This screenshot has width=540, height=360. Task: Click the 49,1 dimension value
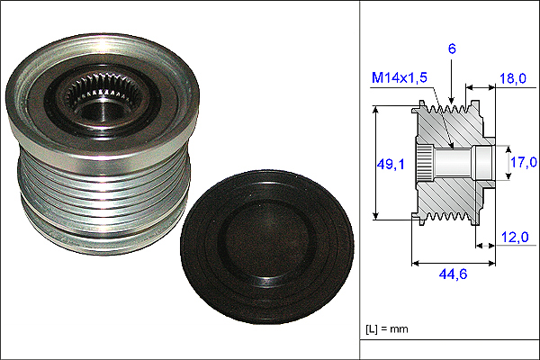391,165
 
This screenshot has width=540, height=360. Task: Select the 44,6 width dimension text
453,274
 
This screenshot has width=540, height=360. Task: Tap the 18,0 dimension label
513,78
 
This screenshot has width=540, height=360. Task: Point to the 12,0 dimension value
515,237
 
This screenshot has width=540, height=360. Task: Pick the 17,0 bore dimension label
524,162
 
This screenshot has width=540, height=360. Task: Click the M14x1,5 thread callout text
400,78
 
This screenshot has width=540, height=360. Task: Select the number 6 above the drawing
452,49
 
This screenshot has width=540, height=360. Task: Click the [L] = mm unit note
387,329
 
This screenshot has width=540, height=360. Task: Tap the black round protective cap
267,247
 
